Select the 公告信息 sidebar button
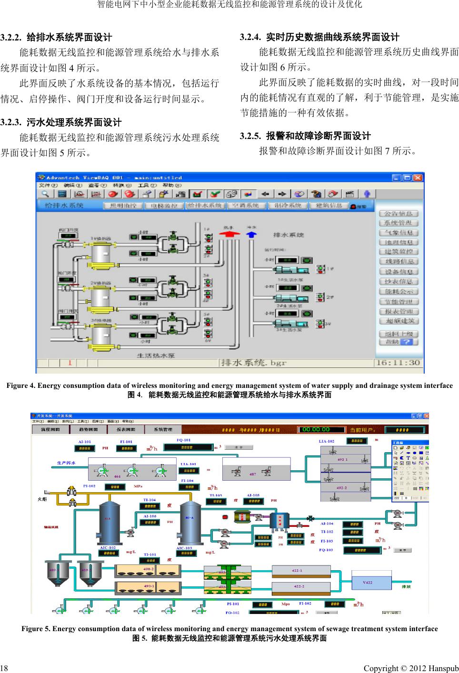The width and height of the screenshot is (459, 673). coord(399,214)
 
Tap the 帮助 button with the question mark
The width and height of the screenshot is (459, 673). coord(399,342)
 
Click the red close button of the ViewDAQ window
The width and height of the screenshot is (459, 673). coord(418,178)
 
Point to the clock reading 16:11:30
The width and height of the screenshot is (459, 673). coord(404,363)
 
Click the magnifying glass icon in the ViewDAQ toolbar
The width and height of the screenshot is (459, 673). coord(45,194)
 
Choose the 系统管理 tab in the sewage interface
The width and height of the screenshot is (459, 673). coord(163,429)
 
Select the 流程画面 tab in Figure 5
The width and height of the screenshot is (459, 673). coord(50,429)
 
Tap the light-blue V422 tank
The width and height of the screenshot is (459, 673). coord(368,583)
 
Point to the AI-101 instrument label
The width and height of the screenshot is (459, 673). coord(84,442)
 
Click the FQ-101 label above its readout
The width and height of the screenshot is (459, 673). coord(184,440)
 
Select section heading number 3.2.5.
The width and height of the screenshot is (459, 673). coord(250,136)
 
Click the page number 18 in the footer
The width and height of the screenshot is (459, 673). coord(4,668)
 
